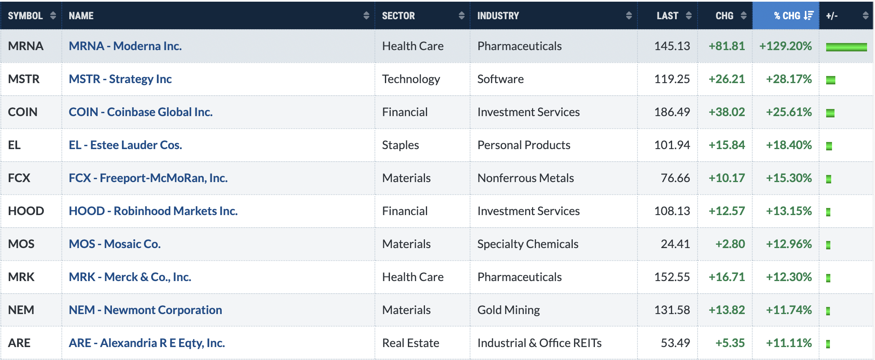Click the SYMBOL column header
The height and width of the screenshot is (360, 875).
pyautogui.click(x=25, y=16)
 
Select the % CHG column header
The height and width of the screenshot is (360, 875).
pyautogui.click(x=787, y=16)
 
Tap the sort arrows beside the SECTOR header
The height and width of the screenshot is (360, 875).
pyautogui.click(x=461, y=16)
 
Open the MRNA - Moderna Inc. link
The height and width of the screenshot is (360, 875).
pyautogui.click(x=125, y=46)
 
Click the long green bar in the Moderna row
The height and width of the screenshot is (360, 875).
pyautogui.click(x=846, y=47)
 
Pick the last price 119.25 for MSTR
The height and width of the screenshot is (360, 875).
pyautogui.click(x=672, y=79)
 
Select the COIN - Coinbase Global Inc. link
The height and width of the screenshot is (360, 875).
pyautogui.click(x=141, y=112)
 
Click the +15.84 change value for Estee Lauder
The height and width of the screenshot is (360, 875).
pyautogui.click(x=727, y=145)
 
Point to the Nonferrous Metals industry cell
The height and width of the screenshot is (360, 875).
pyautogui.click(x=526, y=178)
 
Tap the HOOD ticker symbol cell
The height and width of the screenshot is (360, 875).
pyautogui.click(x=26, y=211)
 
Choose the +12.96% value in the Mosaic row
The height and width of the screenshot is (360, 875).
pyautogui.click(x=789, y=244)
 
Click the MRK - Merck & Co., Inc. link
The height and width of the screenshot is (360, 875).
pyautogui.click(x=130, y=277)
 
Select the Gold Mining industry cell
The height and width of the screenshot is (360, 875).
pyautogui.click(x=508, y=310)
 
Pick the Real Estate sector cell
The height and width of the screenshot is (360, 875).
pyautogui.click(x=411, y=343)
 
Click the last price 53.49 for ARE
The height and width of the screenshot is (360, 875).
pyautogui.click(x=675, y=343)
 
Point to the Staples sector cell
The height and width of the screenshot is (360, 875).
pyautogui.click(x=400, y=145)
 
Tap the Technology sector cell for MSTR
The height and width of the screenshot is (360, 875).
pyautogui.click(x=411, y=79)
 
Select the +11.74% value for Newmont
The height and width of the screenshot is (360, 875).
pyautogui.click(x=789, y=310)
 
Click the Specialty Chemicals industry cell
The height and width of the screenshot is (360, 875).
pyautogui.click(x=528, y=244)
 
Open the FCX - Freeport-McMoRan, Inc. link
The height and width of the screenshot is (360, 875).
pyautogui.click(x=148, y=178)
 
